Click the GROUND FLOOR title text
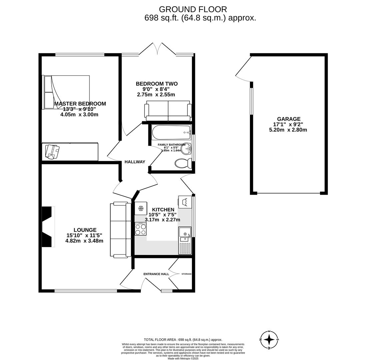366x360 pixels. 193,9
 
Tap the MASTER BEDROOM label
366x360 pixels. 80,104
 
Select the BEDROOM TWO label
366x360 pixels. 156,84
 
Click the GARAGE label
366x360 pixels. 289,119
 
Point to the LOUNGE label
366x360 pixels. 85,230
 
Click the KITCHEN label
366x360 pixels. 163,210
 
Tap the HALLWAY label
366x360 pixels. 135,162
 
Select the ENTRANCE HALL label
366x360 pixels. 156,274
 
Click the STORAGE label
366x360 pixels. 186,274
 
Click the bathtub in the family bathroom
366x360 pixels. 171,132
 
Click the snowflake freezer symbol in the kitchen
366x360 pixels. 141,208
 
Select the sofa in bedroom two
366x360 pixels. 168,111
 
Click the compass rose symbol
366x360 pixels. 269,340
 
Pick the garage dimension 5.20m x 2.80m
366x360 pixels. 288,130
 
